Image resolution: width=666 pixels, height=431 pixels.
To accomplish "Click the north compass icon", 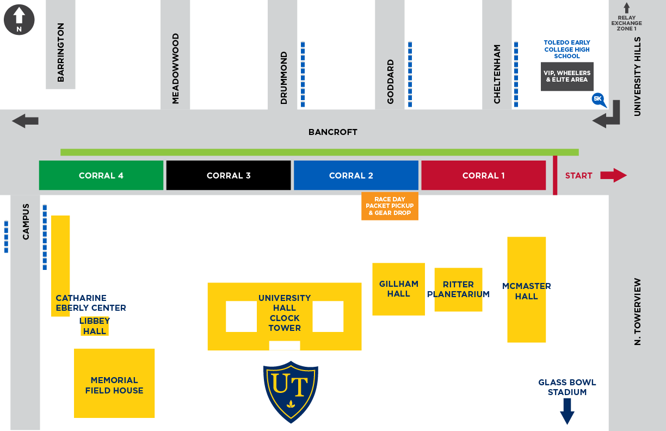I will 19,20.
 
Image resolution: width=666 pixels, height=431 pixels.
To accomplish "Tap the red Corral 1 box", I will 483,175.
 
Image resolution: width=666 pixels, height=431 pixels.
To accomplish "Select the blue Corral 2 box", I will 356,175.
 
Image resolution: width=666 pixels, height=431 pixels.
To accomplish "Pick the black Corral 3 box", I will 229,175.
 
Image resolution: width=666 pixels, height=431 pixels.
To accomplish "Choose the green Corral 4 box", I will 101,175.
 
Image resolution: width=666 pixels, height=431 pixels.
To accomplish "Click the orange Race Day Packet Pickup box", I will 390,206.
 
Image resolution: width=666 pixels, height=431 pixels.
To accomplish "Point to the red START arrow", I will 613,175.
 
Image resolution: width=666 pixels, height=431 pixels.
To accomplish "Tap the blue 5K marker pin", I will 599,100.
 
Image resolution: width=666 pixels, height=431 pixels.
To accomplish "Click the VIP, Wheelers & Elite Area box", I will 567,77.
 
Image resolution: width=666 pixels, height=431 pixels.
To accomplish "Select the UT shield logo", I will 291,391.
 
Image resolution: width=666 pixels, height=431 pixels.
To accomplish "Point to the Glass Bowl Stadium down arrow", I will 567,411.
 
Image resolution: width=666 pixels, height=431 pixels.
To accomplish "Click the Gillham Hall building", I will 398,289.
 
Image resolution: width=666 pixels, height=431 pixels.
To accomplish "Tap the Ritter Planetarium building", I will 458,290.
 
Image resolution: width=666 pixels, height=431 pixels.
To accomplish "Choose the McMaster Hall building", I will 526,290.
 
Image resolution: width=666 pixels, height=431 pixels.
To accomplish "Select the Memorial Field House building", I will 114,383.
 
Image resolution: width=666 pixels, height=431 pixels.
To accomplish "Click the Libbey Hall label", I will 95,326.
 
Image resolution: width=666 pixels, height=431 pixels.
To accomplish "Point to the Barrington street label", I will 60,52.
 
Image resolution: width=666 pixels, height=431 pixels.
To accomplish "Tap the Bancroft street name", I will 332,132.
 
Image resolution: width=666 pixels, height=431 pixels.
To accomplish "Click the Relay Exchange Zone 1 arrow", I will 626,8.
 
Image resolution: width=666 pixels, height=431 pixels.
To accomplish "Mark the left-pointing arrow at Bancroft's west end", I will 26,121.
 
